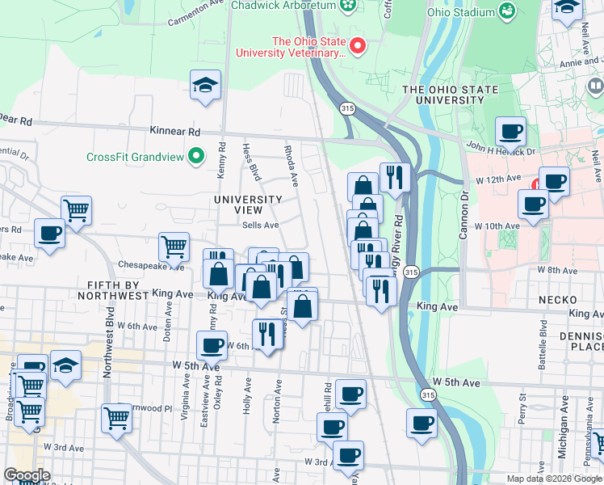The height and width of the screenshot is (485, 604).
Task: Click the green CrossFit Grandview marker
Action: (195, 155)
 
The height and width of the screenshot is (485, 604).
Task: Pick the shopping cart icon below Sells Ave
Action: (174, 247)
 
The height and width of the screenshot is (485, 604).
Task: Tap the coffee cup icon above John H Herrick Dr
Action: (510, 131)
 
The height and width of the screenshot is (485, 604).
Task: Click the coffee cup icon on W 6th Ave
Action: (212, 346)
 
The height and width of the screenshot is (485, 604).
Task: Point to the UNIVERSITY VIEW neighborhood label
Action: (248, 205)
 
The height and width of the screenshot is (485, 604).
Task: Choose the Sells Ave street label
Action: (260, 226)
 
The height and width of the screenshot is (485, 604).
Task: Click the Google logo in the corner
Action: (27, 475)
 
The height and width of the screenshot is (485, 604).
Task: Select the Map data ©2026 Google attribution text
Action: (554, 479)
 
